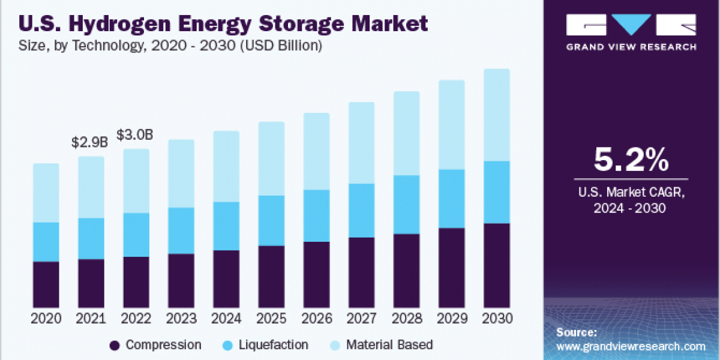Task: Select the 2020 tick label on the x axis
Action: (46, 319)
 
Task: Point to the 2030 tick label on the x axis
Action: (496, 319)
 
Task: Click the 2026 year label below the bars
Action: (316, 319)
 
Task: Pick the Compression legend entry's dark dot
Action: (115, 345)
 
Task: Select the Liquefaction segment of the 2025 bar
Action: (271, 220)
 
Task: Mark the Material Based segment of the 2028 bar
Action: (406, 133)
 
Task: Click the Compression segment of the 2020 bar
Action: (46, 284)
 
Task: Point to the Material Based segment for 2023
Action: (181, 173)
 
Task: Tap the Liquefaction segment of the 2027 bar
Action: (361, 210)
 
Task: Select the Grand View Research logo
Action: (631, 32)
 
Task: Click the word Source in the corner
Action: (577, 332)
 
